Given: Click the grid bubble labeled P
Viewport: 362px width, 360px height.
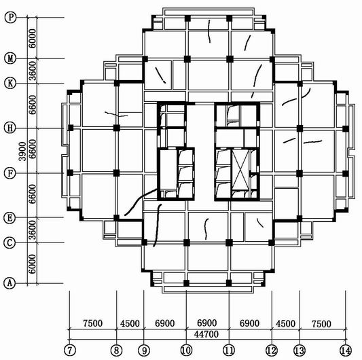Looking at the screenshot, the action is pyautogui.click(x=10, y=17).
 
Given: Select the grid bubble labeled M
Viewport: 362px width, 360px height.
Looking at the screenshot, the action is pyautogui.click(x=10, y=58).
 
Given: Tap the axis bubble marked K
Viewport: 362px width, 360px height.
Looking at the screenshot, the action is pyautogui.click(x=10, y=83).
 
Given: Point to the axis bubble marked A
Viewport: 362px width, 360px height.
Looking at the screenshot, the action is pyautogui.click(x=10, y=283).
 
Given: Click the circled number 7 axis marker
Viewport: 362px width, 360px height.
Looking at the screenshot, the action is pyautogui.click(x=70, y=350).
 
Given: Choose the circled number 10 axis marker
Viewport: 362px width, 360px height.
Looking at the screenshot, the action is pyautogui.click(x=186, y=350).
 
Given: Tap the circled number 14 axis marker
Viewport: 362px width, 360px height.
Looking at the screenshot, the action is pyautogui.click(x=346, y=350).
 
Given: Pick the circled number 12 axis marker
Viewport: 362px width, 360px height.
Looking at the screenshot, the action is pyautogui.click(x=272, y=350).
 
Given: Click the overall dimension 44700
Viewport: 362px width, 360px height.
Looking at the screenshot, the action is pyautogui.click(x=206, y=334).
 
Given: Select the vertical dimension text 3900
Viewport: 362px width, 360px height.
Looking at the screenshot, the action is pyautogui.click(x=22, y=151).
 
